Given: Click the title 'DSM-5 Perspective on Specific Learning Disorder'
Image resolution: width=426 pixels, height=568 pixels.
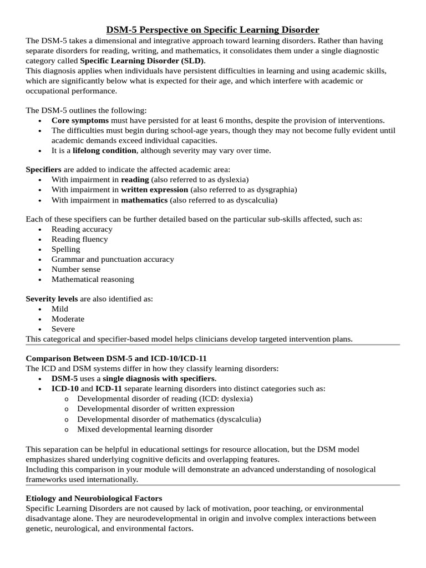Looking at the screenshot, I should click(213, 30).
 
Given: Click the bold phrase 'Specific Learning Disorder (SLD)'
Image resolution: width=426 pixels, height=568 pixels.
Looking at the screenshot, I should click(142, 60).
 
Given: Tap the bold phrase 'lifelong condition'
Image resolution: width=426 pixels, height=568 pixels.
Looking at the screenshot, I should click(104, 150).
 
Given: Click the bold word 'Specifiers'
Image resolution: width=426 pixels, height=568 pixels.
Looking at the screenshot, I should click(44, 169).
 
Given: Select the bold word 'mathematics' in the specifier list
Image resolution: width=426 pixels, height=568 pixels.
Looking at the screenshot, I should click(144, 200).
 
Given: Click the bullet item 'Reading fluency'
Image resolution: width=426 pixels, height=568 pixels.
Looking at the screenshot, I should click(79, 239).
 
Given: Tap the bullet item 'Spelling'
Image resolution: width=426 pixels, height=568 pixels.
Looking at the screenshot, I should click(65, 249).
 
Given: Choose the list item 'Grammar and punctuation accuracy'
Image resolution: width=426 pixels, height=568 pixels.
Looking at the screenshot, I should click(113, 259).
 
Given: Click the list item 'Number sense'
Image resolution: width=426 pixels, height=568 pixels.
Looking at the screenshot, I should click(76, 269).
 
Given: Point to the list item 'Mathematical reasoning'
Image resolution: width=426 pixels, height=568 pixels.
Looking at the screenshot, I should click(93, 279).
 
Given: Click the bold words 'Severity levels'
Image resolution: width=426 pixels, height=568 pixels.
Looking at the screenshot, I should click(52, 299).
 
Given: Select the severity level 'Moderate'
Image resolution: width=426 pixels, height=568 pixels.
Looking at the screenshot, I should click(68, 319).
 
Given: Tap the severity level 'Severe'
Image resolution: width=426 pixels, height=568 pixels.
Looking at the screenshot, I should click(63, 329).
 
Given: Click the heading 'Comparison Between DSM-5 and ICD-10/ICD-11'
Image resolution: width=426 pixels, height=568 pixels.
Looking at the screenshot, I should click(116, 359).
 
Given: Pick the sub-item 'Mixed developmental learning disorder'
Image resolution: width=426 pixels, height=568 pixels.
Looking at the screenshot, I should click(145, 429).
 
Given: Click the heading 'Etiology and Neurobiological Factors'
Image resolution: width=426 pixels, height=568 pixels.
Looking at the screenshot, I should click(94, 499).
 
